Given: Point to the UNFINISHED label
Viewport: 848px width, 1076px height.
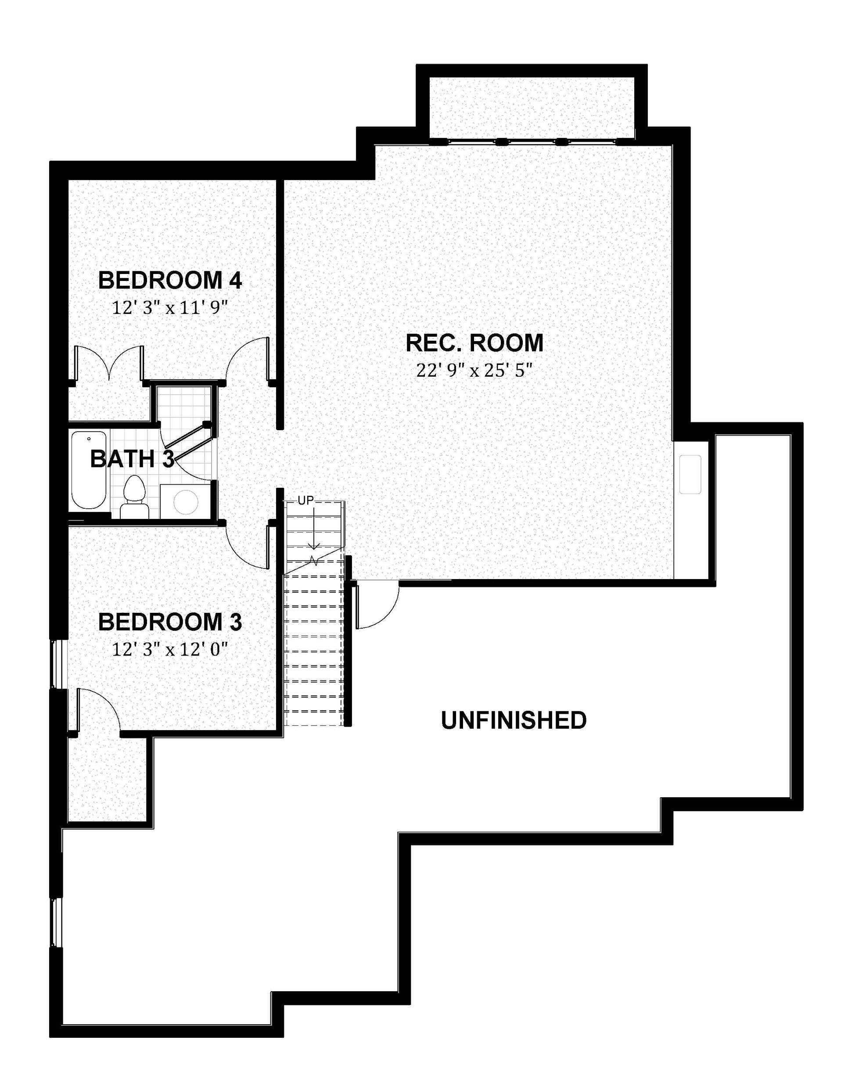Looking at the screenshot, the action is [514, 720].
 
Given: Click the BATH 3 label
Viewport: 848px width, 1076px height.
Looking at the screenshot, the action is [132, 459].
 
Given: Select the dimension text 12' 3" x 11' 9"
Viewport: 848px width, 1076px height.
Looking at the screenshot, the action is [170, 308].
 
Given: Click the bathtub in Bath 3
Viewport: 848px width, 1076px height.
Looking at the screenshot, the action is [89, 470].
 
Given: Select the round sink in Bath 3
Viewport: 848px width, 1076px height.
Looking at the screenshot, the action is [186, 501].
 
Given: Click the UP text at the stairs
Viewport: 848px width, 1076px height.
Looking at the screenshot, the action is [306, 500].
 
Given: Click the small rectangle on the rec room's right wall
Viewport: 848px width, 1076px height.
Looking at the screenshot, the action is [690, 474].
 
